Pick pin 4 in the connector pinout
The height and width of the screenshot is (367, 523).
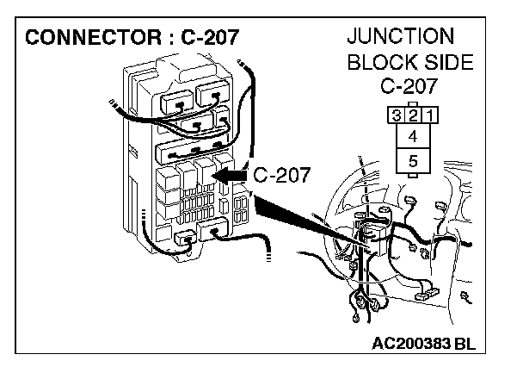tap(412, 136)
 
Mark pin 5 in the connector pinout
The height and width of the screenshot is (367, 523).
tap(412, 160)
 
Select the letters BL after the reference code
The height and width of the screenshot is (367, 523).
tap(464, 342)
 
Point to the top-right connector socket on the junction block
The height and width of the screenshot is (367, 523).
tap(211, 95)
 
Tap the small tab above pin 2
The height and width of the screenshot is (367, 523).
tap(412, 103)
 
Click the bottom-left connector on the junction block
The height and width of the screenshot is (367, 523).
tap(183, 240)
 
